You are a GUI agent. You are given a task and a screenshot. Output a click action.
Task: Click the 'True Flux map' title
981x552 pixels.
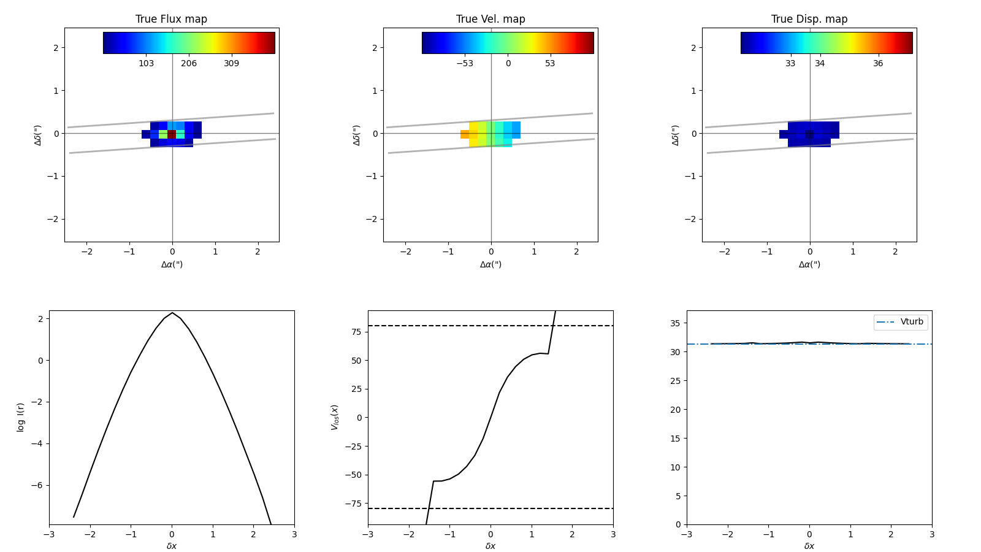click(x=171, y=19)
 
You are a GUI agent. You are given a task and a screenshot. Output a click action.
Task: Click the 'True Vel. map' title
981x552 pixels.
click(x=490, y=19)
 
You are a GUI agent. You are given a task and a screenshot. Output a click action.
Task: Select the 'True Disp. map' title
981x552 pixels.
click(x=809, y=19)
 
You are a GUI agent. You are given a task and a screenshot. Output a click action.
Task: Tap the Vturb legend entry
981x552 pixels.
click(x=911, y=322)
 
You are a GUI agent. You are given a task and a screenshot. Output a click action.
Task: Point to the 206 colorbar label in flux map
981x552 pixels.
click(x=189, y=64)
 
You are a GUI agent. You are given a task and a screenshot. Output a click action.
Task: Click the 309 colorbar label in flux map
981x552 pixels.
click(x=231, y=64)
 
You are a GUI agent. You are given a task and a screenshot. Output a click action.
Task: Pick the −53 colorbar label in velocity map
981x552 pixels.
click(x=464, y=64)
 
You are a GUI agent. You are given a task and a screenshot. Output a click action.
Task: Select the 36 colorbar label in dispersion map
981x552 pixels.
click(x=878, y=64)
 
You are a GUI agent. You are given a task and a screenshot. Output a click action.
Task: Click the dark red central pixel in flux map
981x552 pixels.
click(x=172, y=134)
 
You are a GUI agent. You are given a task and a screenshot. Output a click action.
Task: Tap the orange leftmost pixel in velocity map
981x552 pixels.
click(x=465, y=134)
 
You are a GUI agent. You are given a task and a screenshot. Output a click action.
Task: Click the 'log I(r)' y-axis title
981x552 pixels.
click(x=21, y=417)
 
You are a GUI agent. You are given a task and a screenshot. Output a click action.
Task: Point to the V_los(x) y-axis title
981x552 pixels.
click(x=335, y=417)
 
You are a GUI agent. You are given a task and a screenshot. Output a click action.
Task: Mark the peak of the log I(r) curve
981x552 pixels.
click(x=172, y=313)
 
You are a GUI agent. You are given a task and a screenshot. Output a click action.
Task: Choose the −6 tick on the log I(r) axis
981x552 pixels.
click(x=39, y=486)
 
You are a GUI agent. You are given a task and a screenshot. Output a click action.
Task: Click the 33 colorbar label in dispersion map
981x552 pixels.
click(x=790, y=64)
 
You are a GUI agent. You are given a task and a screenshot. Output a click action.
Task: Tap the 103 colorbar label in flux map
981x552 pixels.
click(x=146, y=64)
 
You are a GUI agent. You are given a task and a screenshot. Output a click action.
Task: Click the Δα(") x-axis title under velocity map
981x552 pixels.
click(x=490, y=265)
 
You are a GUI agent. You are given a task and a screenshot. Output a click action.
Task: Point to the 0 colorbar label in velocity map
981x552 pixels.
click(x=508, y=64)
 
